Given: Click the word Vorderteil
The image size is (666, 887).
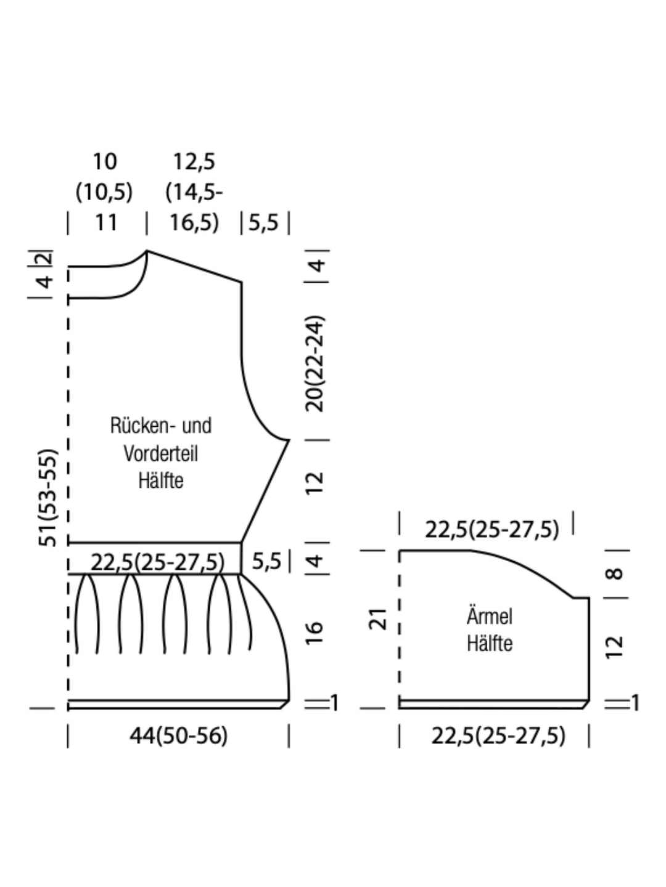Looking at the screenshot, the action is coord(160,453).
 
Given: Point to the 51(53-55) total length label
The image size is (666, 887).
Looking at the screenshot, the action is coord(48,498).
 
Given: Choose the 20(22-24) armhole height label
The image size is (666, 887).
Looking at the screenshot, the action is coord(314,363).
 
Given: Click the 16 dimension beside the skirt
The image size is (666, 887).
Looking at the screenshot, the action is coord(314,633).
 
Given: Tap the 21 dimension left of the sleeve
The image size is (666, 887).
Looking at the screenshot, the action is coord(377,619).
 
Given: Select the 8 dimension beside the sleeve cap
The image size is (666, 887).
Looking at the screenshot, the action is coord(615,574).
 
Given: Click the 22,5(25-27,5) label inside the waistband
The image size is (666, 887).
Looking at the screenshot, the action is coord(157,562).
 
